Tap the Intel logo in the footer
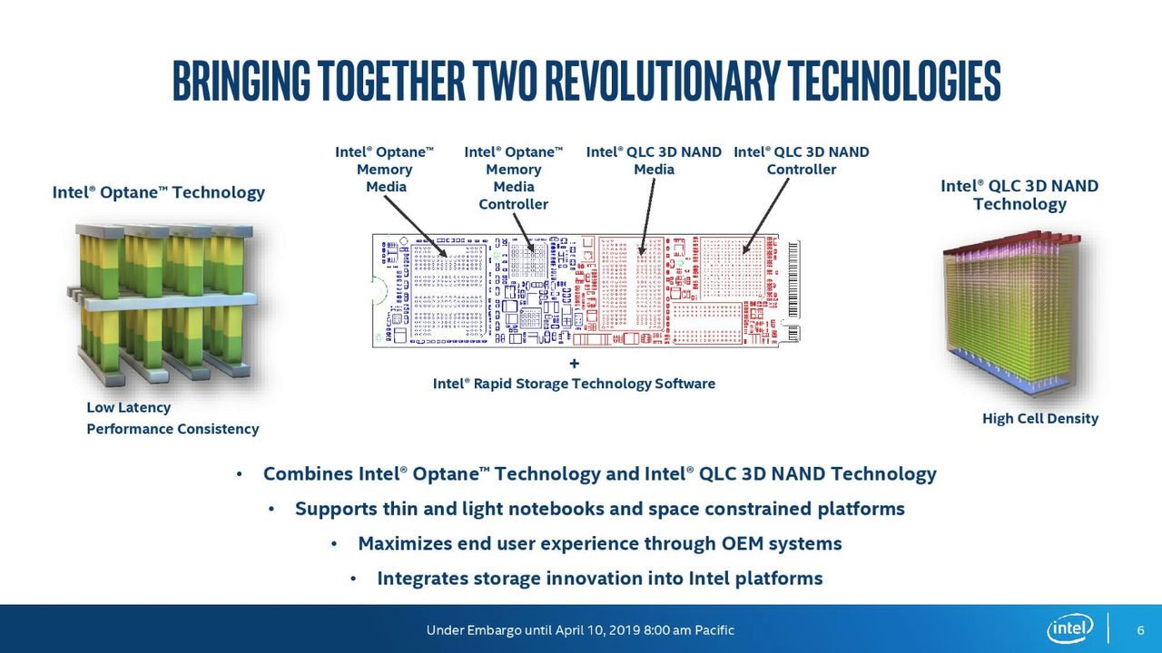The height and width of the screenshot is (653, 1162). pyautogui.click(x=1069, y=629)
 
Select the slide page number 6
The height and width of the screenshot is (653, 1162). pyautogui.click(x=1140, y=630)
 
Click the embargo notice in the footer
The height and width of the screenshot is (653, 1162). pyautogui.click(x=580, y=630)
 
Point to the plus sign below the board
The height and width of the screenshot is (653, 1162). pyautogui.click(x=574, y=364)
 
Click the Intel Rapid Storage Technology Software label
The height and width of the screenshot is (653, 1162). pyautogui.click(x=574, y=384)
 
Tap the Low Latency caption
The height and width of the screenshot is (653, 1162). pyautogui.click(x=129, y=408)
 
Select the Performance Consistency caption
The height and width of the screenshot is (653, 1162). pyautogui.click(x=172, y=429)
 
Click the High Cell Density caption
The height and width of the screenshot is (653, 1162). pyautogui.click(x=1040, y=419)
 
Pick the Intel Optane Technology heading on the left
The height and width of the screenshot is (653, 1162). pyautogui.click(x=158, y=193)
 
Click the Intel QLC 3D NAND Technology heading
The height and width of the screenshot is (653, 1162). pyautogui.click(x=1019, y=195)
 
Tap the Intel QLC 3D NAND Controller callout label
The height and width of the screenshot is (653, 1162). pyautogui.click(x=802, y=161)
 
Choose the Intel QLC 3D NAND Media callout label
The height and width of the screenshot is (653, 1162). pyautogui.click(x=654, y=161)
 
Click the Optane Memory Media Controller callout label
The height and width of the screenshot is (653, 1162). pyautogui.click(x=514, y=178)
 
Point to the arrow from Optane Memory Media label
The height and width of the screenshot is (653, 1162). pyautogui.click(x=415, y=227)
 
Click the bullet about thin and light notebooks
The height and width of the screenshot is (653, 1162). pyautogui.click(x=600, y=509)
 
